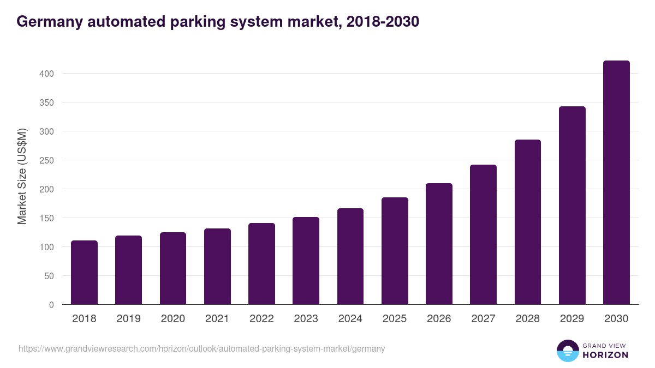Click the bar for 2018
(x=84, y=273)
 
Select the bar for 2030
(x=616, y=183)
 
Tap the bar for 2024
(x=350, y=256)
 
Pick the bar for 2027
(x=483, y=234)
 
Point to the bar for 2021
(x=217, y=267)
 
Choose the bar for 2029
(x=572, y=206)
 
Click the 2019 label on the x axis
(x=128, y=319)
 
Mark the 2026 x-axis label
(x=439, y=319)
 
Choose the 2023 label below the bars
(x=306, y=319)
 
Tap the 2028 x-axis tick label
(x=528, y=319)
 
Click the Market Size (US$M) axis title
(x=22, y=176)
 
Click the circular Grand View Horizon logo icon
(x=568, y=351)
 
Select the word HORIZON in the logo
(x=605, y=355)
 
